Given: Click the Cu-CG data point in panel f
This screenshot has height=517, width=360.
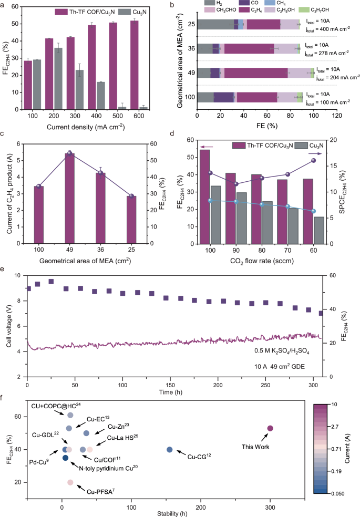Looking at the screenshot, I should point(169,449).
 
